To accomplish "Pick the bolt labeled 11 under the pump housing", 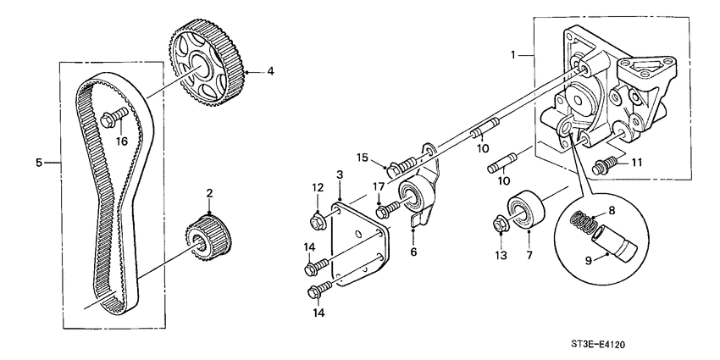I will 605,164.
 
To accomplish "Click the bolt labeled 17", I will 388,207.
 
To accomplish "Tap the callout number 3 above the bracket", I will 339,174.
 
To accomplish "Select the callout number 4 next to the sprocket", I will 271,72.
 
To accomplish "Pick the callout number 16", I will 122,141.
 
